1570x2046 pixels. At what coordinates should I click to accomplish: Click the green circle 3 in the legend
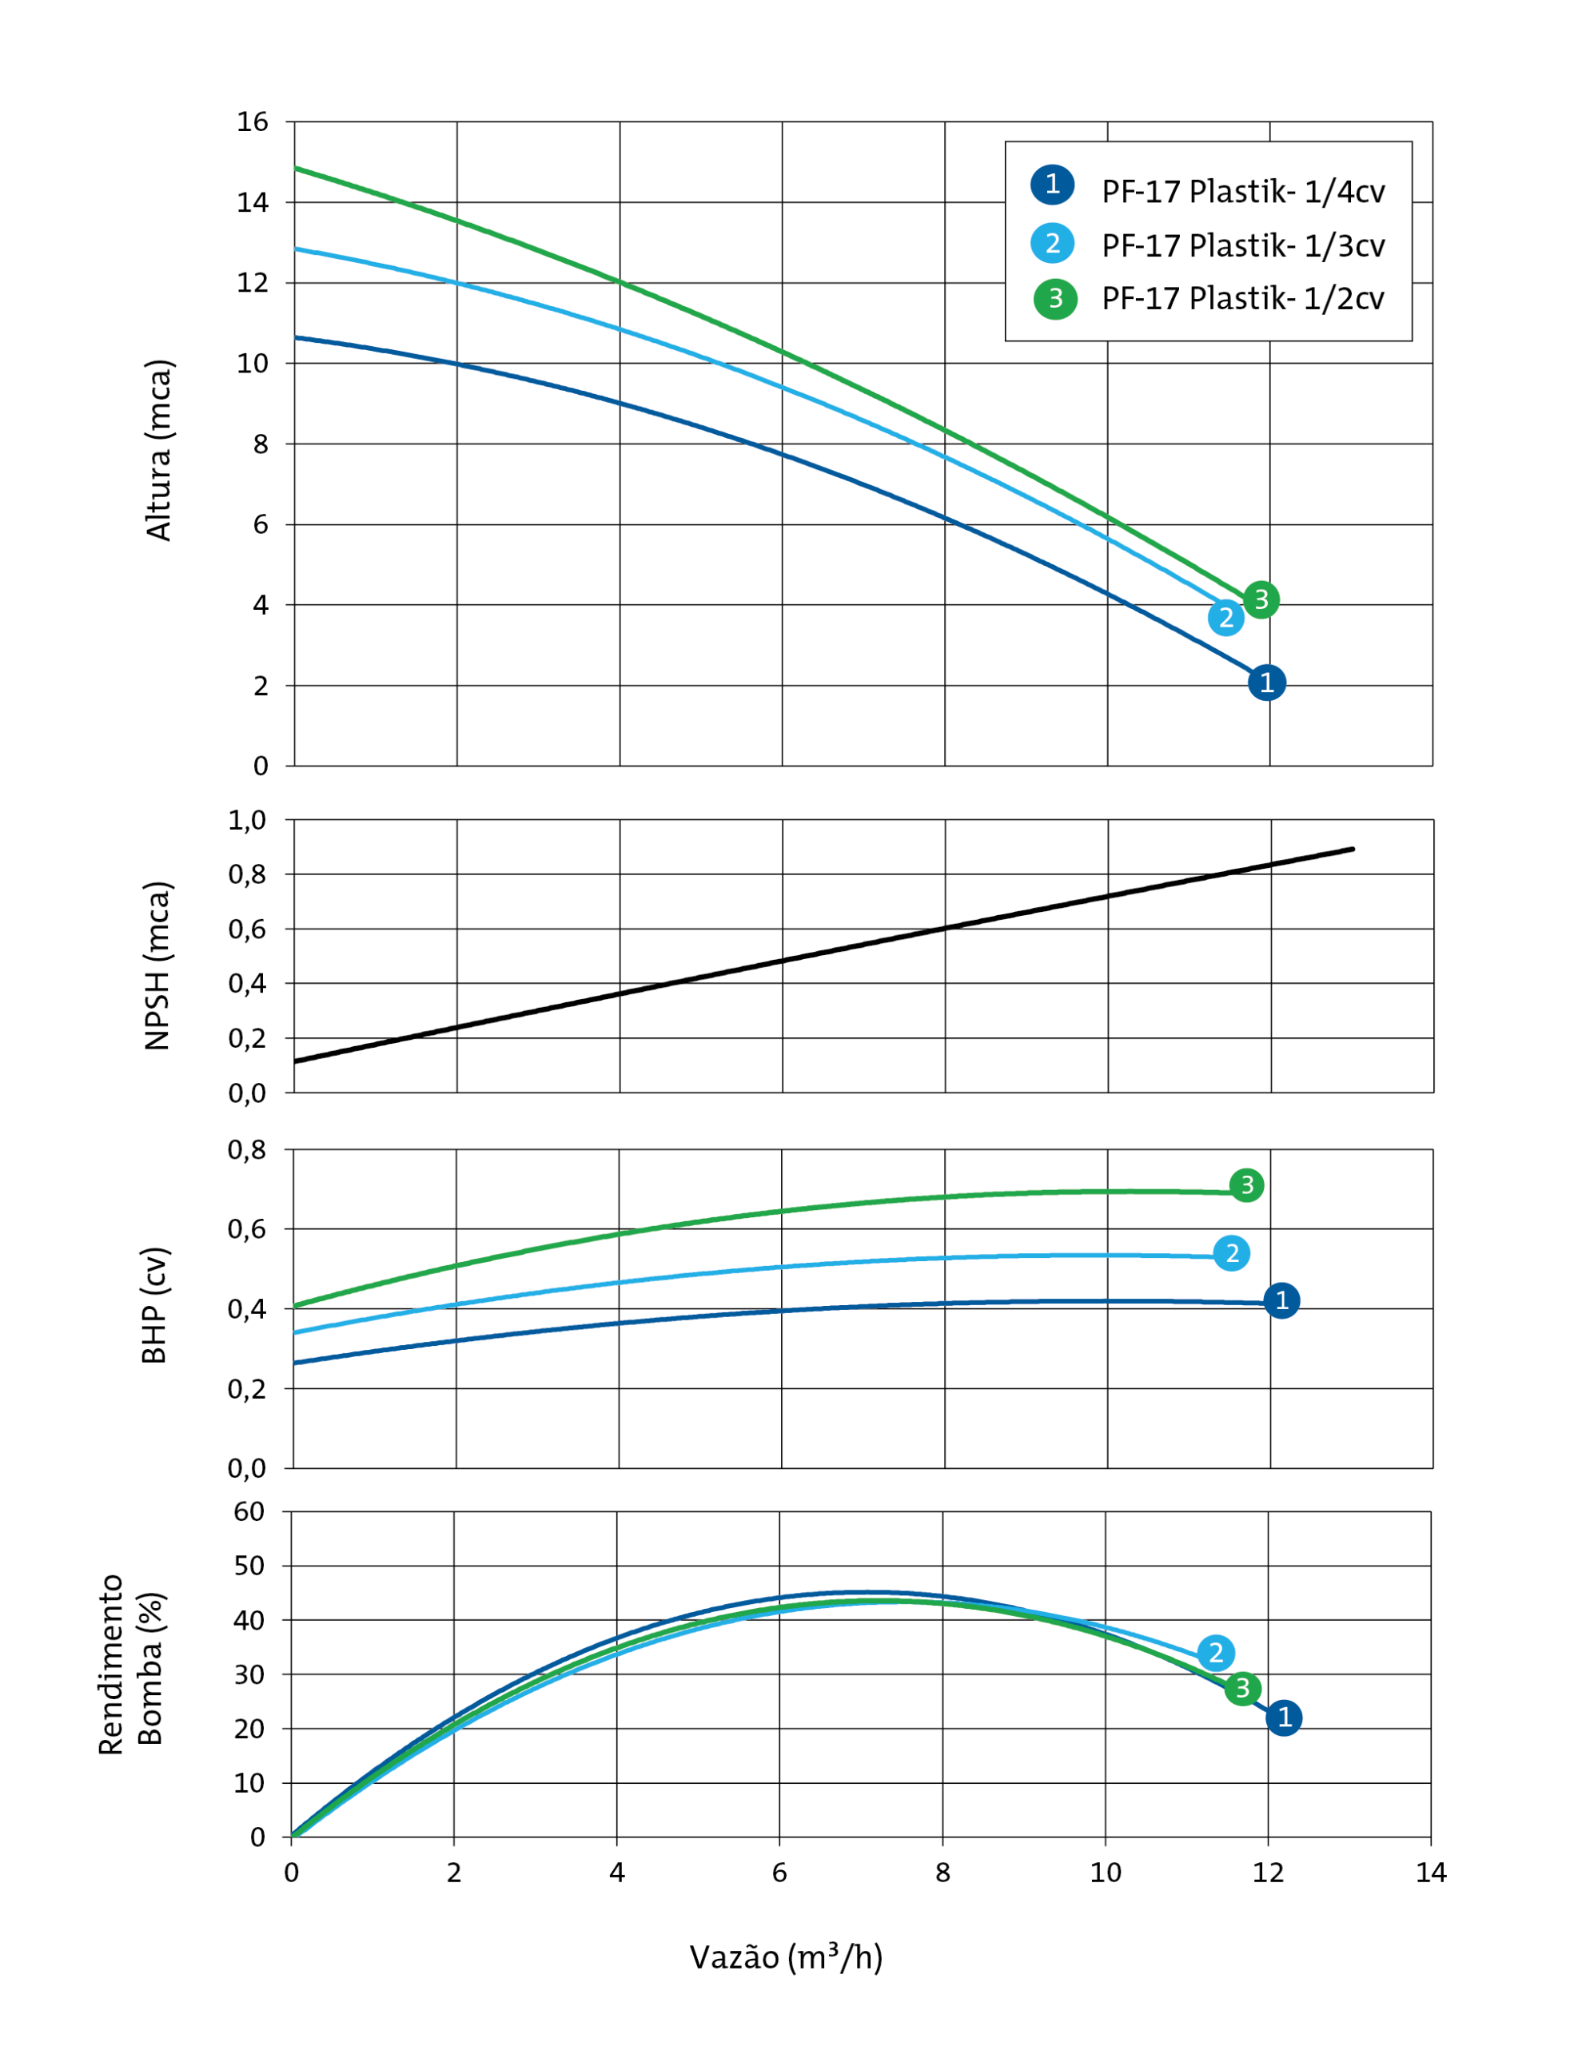[1055, 299]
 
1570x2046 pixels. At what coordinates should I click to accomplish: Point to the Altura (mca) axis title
[159, 450]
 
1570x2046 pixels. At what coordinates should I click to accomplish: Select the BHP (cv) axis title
[154, 1305]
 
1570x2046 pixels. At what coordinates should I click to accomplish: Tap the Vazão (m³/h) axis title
[786, 1956]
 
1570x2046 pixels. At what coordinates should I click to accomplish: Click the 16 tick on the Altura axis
[253, 122]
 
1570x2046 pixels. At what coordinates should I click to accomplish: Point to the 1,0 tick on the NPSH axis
[247, 820]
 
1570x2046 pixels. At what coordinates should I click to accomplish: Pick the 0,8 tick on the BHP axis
[247, 1150]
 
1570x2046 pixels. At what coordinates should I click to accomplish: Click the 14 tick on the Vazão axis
[1431, 1873]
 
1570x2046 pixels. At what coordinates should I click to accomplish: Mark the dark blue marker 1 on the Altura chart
[1267, 683]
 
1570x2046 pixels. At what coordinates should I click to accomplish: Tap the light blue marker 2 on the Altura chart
[1226, 618]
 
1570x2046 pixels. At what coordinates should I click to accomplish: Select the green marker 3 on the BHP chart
[1247, 1185]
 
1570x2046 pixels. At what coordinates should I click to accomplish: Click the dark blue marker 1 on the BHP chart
[1281, 1300]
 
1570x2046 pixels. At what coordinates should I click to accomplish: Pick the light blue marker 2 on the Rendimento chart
[1216, 1653]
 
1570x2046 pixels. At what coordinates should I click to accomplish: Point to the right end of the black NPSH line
[1353, 850]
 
